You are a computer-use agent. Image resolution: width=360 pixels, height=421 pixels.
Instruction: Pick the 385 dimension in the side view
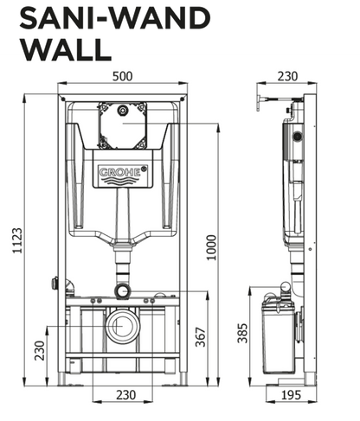tap(242, 332)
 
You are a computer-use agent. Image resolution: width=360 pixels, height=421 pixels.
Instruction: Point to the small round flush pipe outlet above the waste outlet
tap(123, 288)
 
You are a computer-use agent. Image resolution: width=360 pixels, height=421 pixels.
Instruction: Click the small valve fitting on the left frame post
tap(56, 283)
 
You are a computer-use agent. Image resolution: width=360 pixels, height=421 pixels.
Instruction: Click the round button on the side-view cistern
tap(297, 136)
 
